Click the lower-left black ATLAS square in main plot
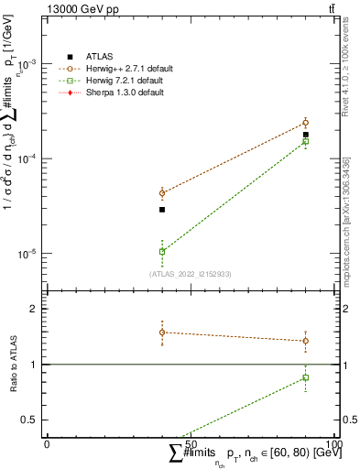[162, 210]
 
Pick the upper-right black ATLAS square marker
[306, 135]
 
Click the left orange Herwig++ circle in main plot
[162, 193]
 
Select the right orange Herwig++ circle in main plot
[306, 123]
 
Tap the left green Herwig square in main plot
[162, 251]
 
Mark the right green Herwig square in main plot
[306, 141]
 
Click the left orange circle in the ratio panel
[162, 333]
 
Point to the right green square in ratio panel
[306, 377]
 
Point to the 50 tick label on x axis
[191, 443]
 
